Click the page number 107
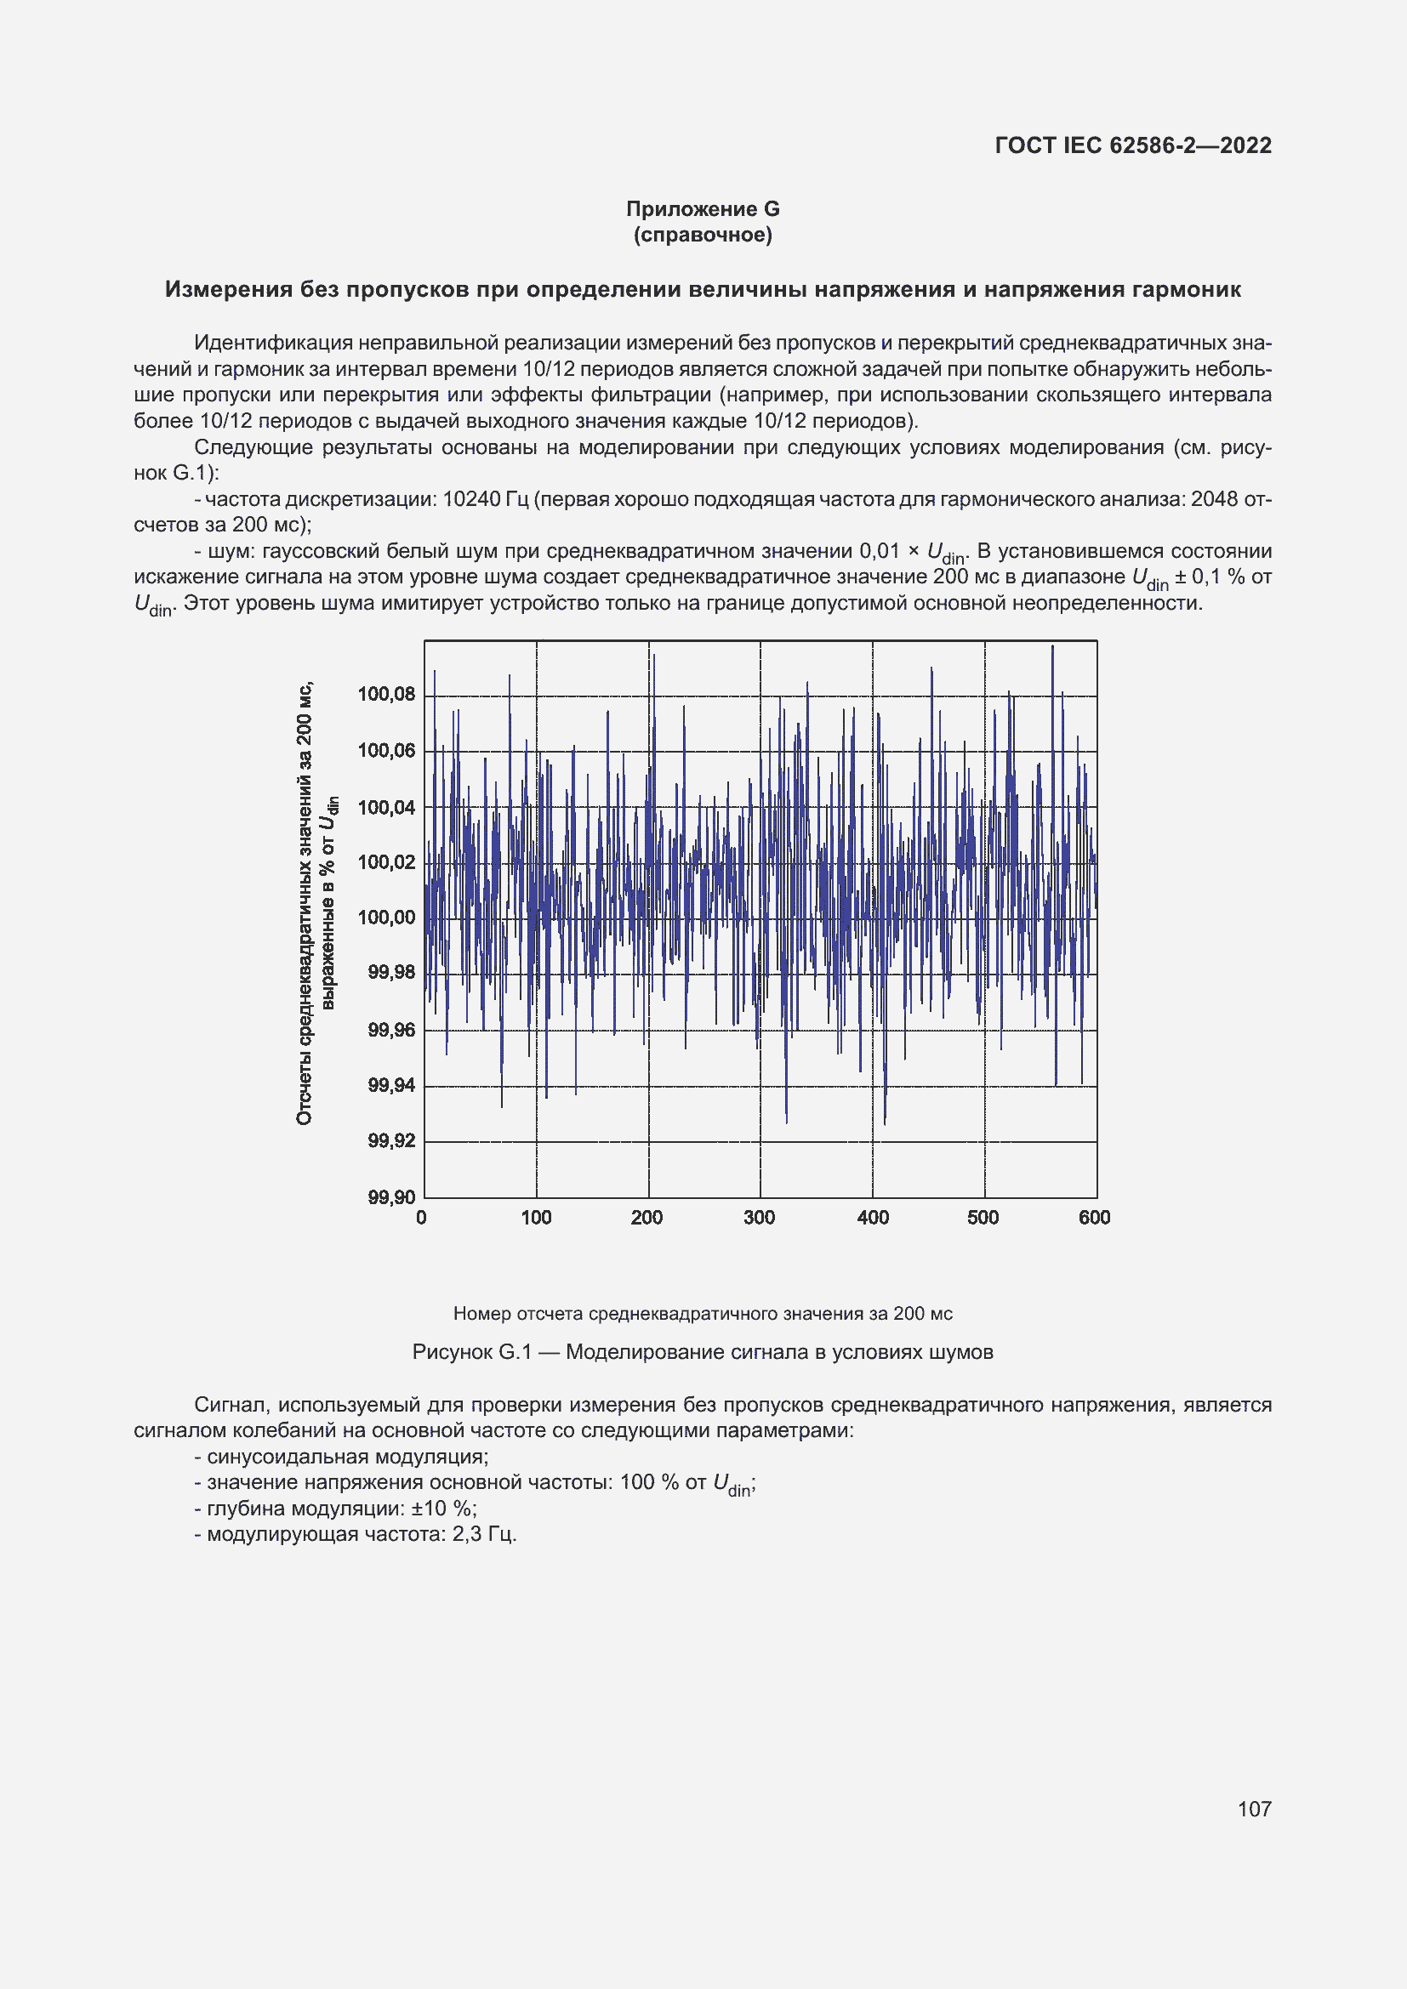[1254, 1809]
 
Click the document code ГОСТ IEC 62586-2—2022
[1132, 145]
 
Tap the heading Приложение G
[703, 209]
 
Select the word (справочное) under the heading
[703, 235]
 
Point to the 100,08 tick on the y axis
[386, 694]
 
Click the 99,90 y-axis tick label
[391, 1197]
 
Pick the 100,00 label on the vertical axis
[386, 918]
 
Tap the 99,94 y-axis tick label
[391, 1085]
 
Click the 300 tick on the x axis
[759, 1217]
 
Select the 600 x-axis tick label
[1094, 1217]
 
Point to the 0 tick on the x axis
[421, 1217]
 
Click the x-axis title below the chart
[703, 1313]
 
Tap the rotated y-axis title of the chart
[316, 904]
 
